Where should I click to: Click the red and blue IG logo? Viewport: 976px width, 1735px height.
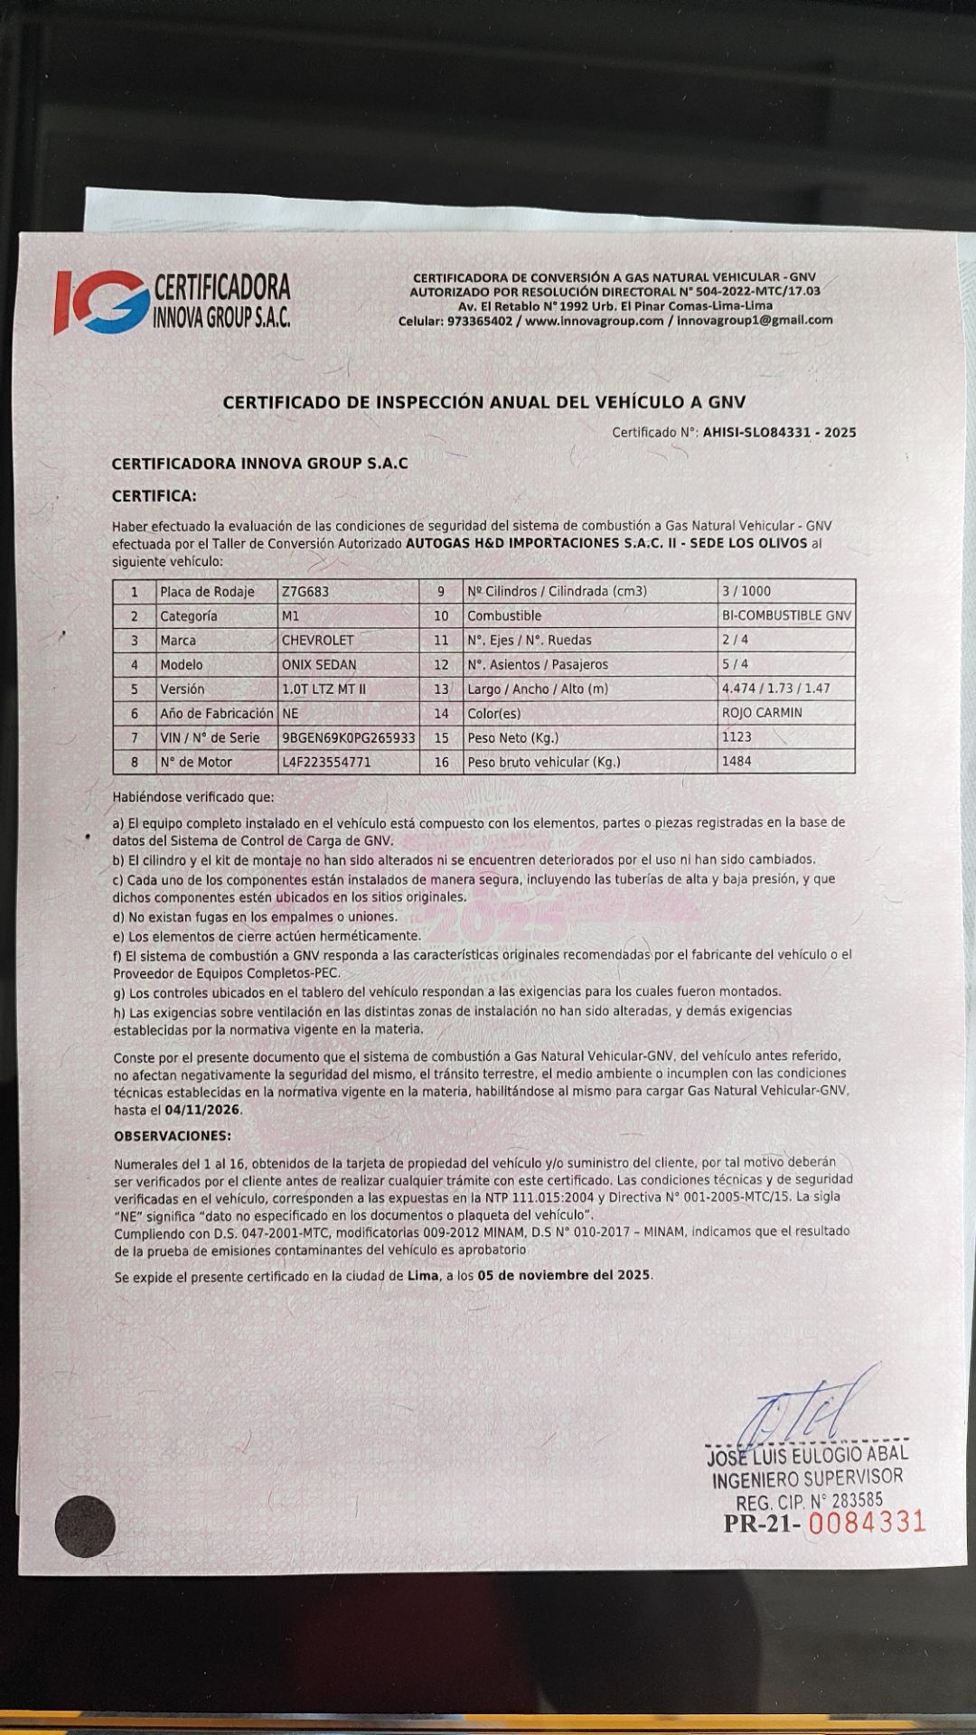(x=99, y=301)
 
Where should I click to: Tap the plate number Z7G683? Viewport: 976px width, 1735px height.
(x=305, y=592)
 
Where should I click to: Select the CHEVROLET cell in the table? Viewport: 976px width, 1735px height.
(x=318, y=640)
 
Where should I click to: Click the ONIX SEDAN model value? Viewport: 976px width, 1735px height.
(x=319, y=664)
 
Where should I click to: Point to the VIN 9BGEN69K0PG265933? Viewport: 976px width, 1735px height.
(x=349, y=737)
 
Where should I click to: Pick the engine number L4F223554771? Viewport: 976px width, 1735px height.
(x=326, y=762)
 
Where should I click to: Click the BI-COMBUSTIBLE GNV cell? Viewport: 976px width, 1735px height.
(x=786, y=615)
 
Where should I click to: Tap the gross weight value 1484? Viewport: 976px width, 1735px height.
(x=737, y=761)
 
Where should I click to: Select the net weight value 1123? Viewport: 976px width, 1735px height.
(x=737, y=736)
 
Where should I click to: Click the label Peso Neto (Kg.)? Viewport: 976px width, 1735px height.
(x=511, y=737)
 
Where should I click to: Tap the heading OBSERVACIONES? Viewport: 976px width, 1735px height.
(x=172, y=1136)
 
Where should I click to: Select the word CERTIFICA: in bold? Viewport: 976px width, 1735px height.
(x=154, y=496)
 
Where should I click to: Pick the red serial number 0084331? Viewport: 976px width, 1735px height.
(x=867, y=1523)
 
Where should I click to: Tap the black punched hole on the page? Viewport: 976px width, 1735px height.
(x=85, y=1526)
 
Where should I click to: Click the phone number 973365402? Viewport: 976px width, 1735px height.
(x=479, y=321)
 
